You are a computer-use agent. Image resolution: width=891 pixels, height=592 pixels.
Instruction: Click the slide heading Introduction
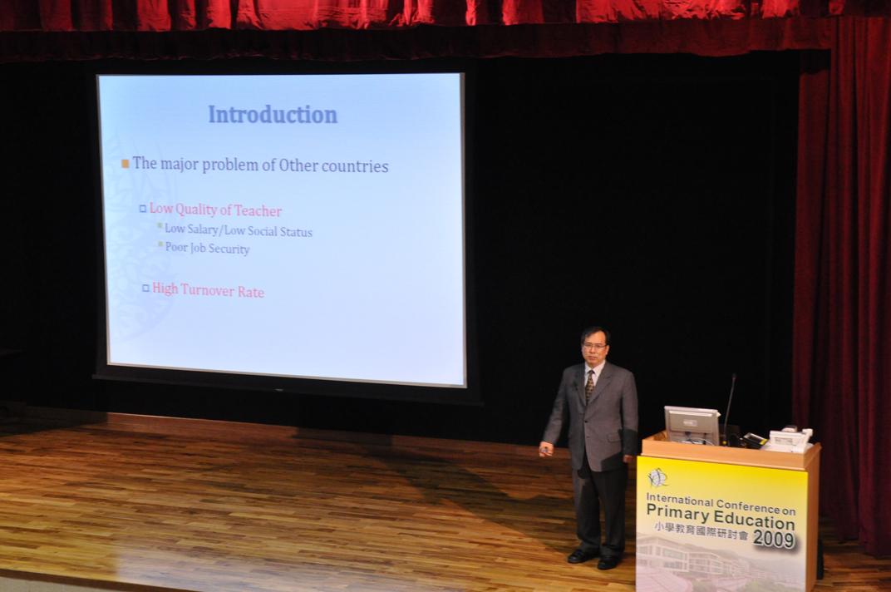click(273, 114)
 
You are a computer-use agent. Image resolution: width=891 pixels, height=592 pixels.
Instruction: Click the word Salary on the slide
click(203, 229)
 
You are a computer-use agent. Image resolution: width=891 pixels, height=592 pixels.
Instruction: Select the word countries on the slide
click(355, 166)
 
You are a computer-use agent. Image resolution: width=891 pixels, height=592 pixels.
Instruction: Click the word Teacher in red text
click(258, 211)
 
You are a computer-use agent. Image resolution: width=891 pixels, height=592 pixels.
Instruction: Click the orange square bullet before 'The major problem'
click(125, 164)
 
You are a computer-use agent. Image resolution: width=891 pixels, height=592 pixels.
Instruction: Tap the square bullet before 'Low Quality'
click(143, 209)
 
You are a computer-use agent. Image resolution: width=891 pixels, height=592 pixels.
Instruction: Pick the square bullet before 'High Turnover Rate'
click(145, 289)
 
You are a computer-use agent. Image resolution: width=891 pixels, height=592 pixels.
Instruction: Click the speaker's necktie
click(590, 386)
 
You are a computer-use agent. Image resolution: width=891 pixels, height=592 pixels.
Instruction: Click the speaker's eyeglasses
click(593, 346)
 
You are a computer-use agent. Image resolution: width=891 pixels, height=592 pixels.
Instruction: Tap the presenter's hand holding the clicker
click(546, 449)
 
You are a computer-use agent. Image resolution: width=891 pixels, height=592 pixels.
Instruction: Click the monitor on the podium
click(692, 425)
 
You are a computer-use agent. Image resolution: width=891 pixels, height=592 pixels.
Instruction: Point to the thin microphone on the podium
click(729, 407)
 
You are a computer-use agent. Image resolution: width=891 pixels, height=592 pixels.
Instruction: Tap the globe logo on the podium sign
click(658, 477)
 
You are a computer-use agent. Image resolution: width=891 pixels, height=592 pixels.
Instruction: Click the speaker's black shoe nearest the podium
click(608, 562)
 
